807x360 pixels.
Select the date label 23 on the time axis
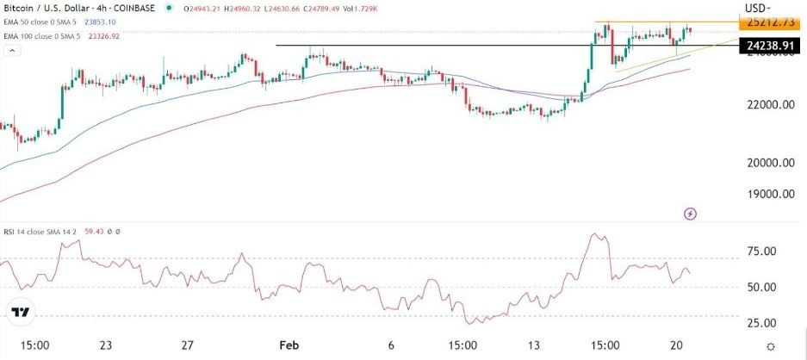point(106,345)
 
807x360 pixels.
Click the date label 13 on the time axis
point(535,345)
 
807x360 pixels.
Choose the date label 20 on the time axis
point(679,345)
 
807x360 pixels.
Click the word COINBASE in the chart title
point(139,8)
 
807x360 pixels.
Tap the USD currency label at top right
point(755,8)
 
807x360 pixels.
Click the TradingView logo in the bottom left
point(22,313)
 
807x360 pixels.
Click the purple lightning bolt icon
point(690,213)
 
